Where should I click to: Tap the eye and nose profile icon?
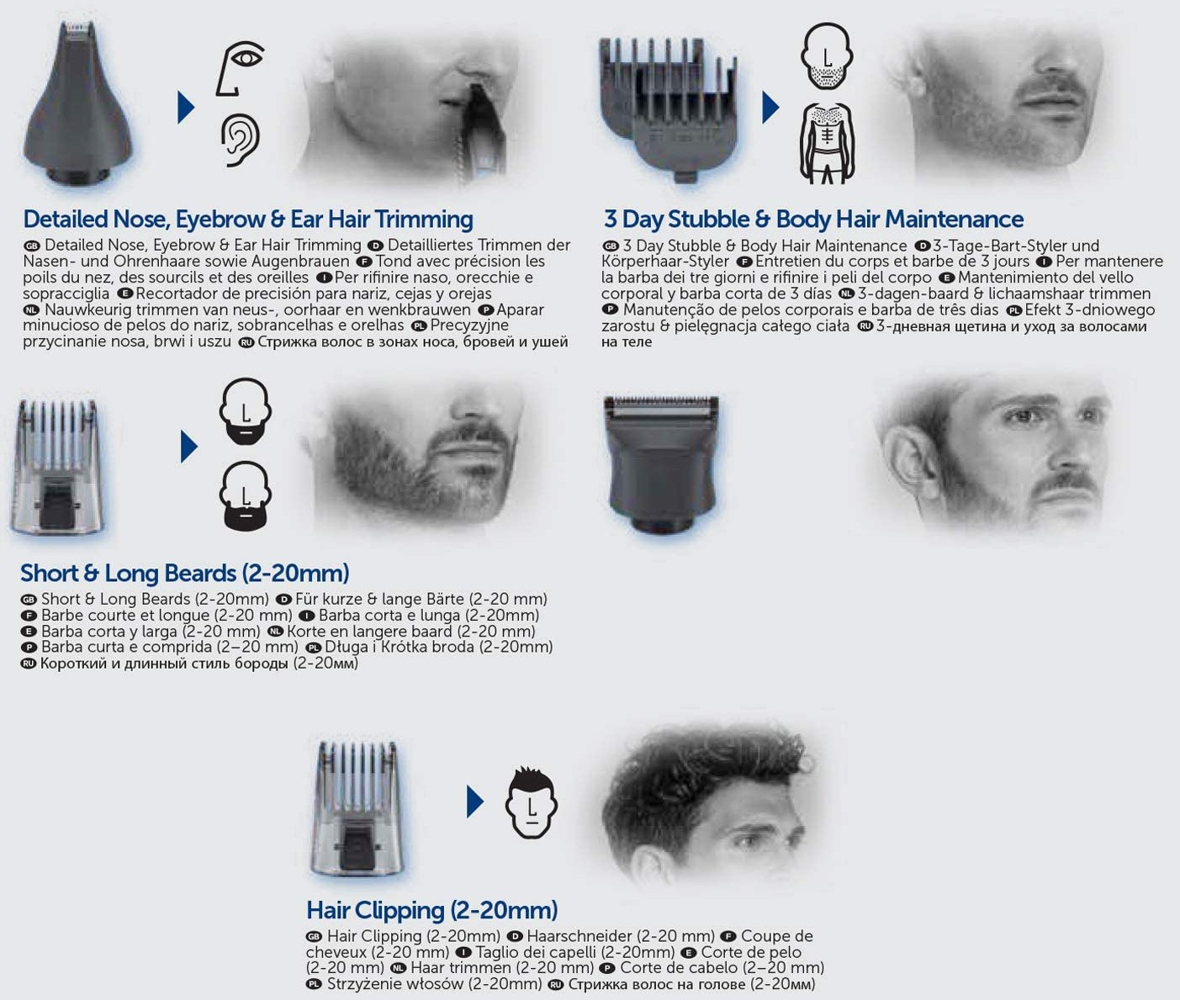click(239, 68)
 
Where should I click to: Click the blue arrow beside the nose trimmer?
click(186, 108)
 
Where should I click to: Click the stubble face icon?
click(827, 56)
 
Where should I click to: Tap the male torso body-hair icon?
click(828, 143)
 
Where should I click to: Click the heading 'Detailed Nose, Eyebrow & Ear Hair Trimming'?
click(248, 220)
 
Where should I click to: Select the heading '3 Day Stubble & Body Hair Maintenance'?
click(813, 220)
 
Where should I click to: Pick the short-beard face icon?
click(246, 411)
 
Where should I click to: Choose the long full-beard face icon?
click(246, 496)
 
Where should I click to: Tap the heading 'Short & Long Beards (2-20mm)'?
click(185, 573)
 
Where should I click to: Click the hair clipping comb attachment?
click(357, 808)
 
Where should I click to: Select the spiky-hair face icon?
click(531, 802)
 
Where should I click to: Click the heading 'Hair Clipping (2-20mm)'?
click(432, 910)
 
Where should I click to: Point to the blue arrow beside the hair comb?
click(475, 802)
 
